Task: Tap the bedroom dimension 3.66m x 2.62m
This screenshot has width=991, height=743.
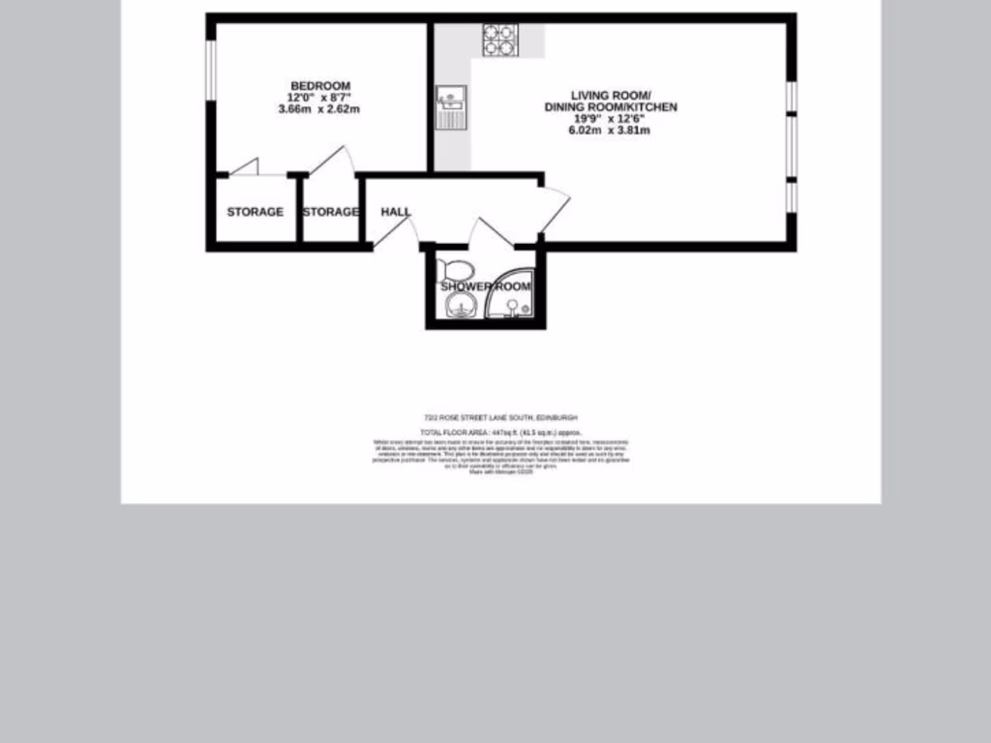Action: tap(318, 109)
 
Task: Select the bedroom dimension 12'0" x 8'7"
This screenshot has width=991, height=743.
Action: tap(318, 98)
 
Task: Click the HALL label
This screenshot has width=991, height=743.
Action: tap(395, 212)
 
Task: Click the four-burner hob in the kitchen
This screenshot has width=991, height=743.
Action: tap(500, 40)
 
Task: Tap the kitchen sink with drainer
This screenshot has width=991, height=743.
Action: tap(452, 105)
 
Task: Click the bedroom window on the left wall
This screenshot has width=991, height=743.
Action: tap(210, 69)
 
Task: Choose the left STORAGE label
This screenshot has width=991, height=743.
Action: tap(255, 212)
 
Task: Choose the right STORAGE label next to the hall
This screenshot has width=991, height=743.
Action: tap(331, 212)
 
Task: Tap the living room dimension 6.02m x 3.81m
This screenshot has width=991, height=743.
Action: tap(610, 130)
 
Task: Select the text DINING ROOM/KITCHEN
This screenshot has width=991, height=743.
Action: tap(610, 106)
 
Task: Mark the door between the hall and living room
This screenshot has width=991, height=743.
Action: tap(554, 209)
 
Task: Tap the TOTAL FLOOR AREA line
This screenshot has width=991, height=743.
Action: tap(499, 432)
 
